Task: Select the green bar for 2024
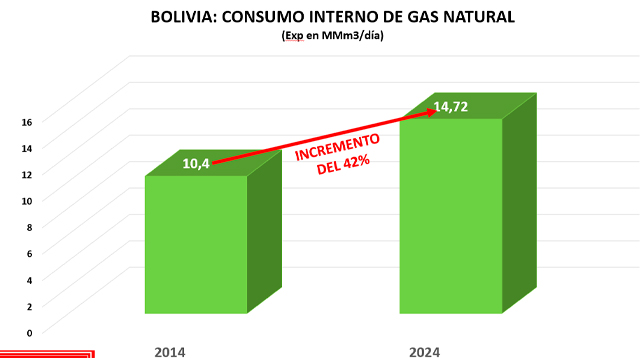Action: (451, 215)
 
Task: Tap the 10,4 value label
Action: (196, 163)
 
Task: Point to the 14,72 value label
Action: (451, 106)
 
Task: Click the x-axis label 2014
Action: (170, 350)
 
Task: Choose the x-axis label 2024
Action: (424, 350)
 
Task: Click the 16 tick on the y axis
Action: (28, 122)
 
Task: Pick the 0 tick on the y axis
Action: (28, 332)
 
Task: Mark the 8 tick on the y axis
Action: (28, 227)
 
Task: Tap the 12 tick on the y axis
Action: (28, 174)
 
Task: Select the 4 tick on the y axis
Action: (28, 280)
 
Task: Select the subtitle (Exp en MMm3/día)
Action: (319, 36)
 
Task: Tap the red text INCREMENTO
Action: (335, 153)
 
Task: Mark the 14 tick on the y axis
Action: (28, 148)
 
